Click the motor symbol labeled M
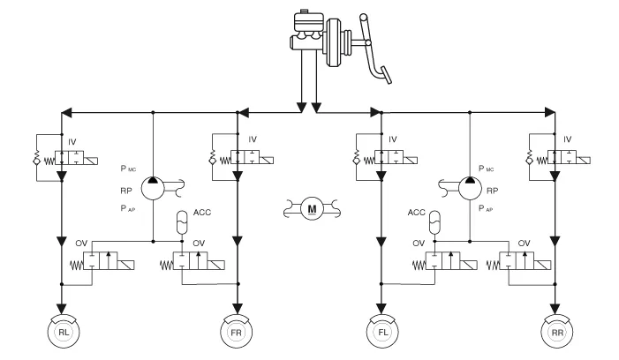coord(310,208)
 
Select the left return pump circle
coord(153,187)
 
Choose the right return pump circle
coord(469,187)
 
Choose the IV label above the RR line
coord(568,139)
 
